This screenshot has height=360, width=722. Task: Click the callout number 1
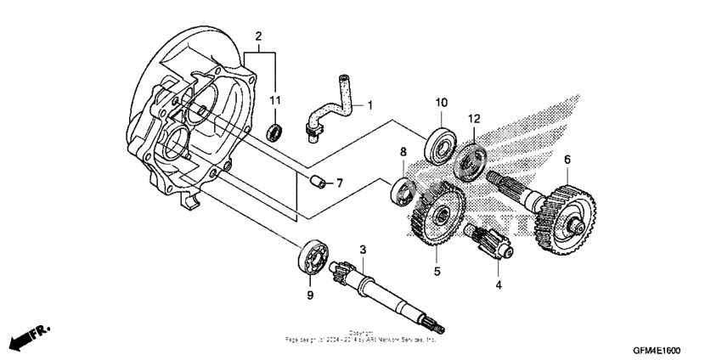tap(370, 105)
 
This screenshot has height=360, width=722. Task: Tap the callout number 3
tap(363, 250)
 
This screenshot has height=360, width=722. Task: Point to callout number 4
tap(499, 285)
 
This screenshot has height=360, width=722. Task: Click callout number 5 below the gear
tap(438, 272)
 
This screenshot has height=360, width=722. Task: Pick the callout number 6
tap(567, 159)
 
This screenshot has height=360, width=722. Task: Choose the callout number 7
tap(339, 183)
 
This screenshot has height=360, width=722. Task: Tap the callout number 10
tap(441, 103)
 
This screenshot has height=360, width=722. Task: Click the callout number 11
tap(274, 101)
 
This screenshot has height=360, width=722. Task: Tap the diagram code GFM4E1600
tap(656, 350)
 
